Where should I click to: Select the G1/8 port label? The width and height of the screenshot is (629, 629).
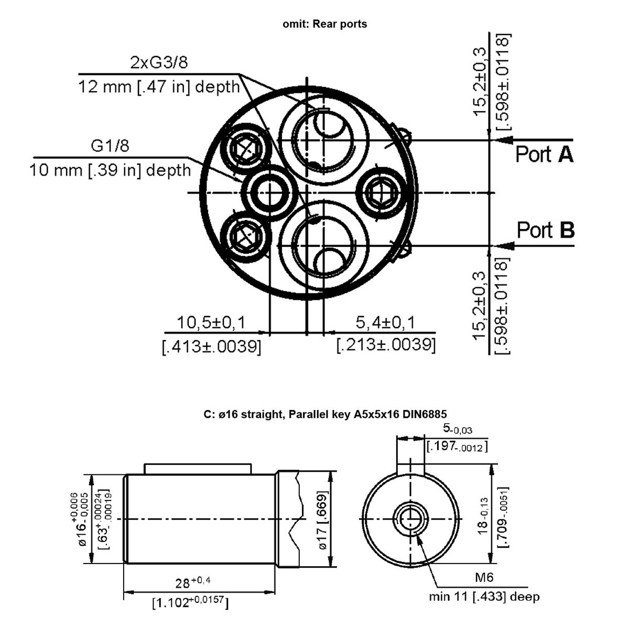tap(110, 146)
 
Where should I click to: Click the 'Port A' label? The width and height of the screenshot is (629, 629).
tap(544, 155)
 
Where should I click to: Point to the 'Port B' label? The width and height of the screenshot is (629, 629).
tap(545, 230)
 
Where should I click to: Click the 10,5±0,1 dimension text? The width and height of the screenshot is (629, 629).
tap(211, 322)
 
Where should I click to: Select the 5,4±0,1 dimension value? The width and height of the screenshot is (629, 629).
tap(385, 322)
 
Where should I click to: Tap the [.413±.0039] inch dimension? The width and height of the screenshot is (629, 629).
tap(211, 346)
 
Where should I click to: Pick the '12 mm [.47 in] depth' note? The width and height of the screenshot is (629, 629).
tap(159, 86)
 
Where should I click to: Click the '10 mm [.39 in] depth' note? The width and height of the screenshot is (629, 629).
tap(110, 170)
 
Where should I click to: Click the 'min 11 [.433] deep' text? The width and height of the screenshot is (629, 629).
tap(484, 597)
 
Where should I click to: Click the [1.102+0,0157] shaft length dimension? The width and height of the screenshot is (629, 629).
tap(190, 603)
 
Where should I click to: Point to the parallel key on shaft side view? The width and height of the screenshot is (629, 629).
tap(198, 469)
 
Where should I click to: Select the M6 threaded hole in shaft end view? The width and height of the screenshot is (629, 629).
tap(410, 519)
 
